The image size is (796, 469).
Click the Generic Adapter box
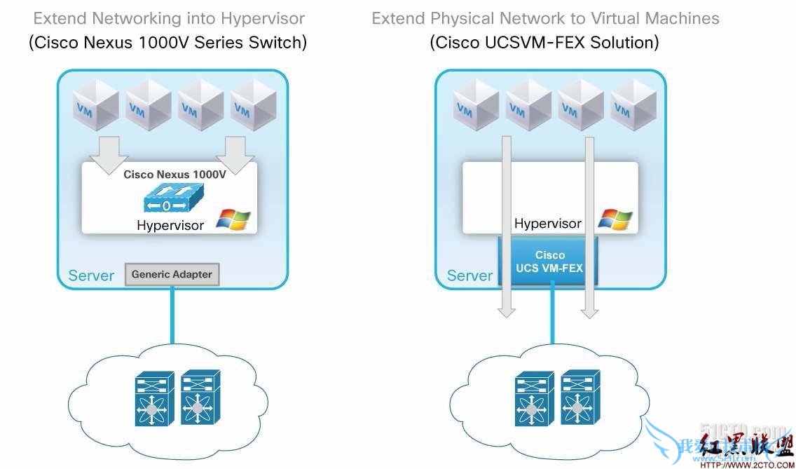point(172,274)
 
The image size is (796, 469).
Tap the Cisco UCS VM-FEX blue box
point(549,261)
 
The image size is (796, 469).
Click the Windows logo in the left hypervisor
point(233,219)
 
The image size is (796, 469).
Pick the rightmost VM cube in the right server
point(633,105)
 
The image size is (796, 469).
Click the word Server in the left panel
point(91,276)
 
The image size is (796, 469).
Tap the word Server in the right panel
point(469,276)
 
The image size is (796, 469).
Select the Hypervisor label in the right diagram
point(548,224)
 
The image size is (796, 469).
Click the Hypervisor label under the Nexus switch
point(170,226)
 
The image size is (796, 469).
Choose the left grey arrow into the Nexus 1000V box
point(110,154)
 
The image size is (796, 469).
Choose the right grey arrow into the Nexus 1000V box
point(234,154)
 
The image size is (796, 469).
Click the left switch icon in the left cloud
point(154,399)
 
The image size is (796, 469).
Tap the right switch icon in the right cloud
point(580,397)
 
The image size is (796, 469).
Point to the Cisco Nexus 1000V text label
point(174,175)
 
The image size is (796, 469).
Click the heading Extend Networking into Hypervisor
point(169,18)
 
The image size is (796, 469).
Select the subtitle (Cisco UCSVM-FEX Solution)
point(544,43)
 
